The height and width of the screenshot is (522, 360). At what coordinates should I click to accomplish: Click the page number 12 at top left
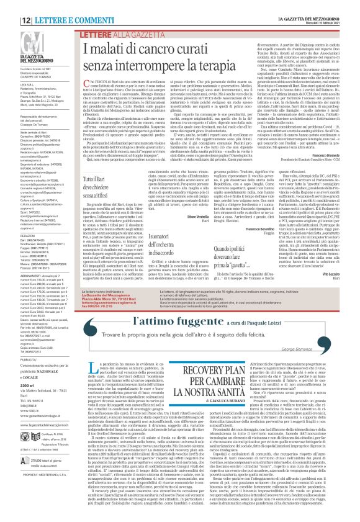coord(11,4)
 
